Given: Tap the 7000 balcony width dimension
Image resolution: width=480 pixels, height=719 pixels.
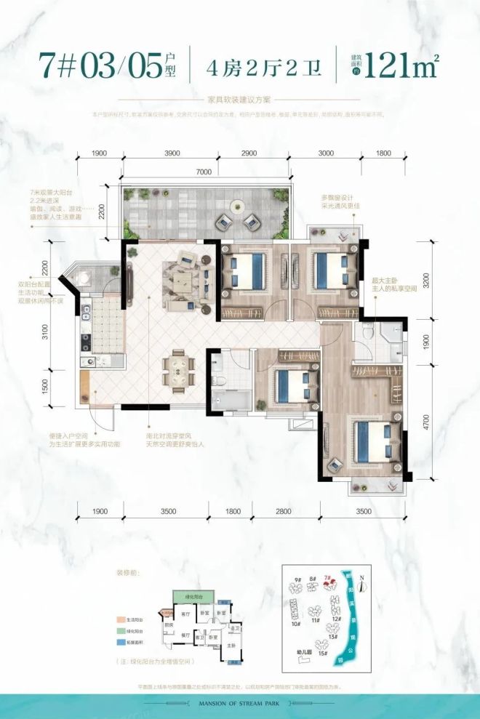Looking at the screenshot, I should (203, 172).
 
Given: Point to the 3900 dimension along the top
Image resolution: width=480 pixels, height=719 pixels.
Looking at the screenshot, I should (172, 153).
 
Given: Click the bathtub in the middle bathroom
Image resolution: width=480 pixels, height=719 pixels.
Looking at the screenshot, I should (230, 400).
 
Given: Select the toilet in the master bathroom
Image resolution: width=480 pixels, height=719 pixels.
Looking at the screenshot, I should (368, 333).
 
